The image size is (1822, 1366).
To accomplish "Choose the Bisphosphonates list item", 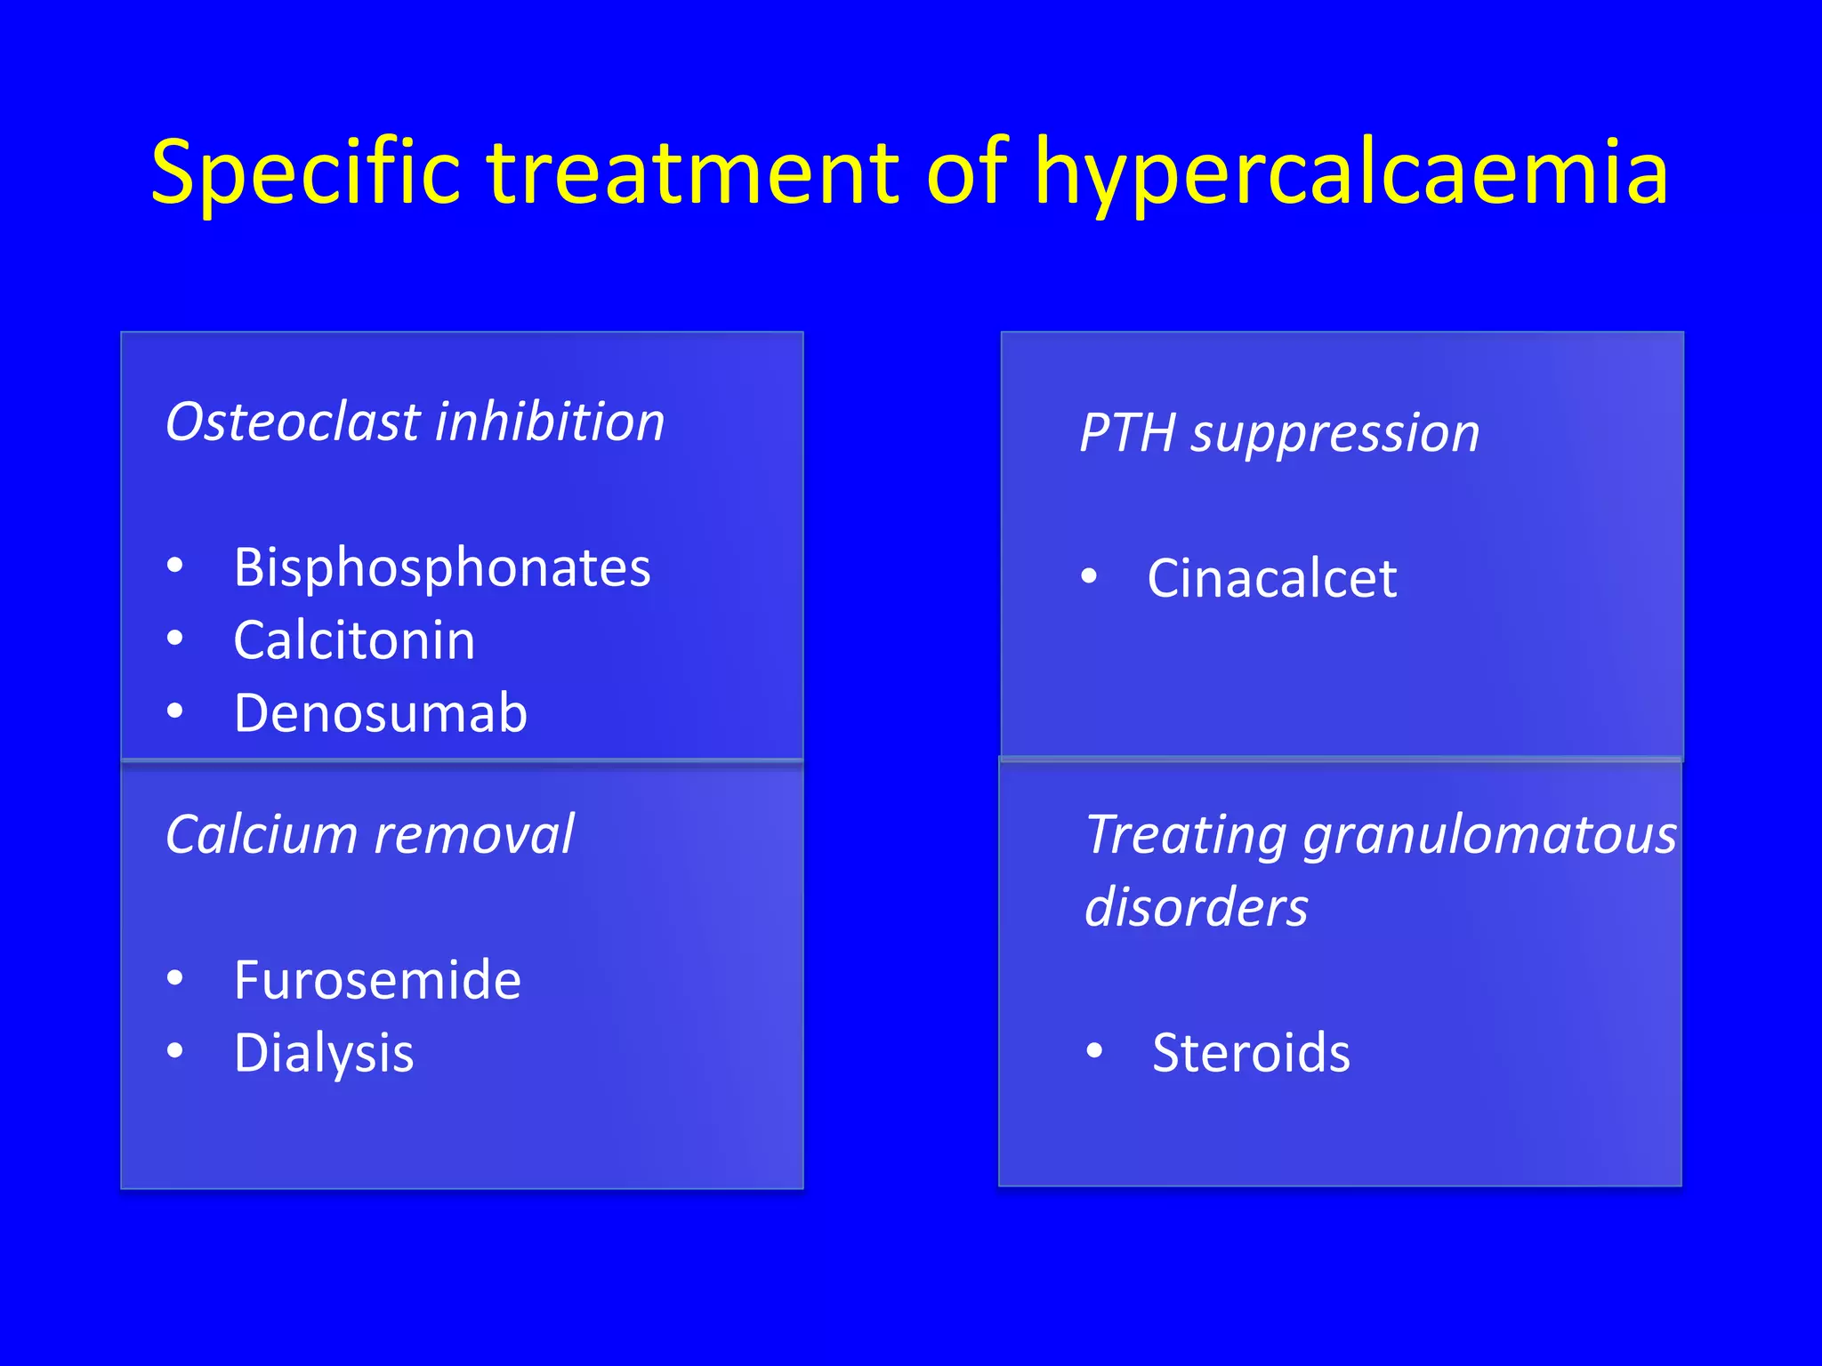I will tap(441, 567).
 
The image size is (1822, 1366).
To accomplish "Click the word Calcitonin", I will tap(354, 640).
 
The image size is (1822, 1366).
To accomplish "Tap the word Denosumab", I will tap(380, 713).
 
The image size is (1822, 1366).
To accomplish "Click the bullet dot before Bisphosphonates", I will tap(175, 565).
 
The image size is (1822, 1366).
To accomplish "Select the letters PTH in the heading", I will tap(1127, 433).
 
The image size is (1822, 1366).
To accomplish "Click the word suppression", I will tap(1335, 433).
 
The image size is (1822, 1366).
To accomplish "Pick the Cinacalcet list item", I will tap(1271, 578).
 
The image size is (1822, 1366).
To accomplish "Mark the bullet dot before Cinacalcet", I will tap(1089, 576).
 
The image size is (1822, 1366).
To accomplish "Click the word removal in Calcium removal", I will tap(473, 835).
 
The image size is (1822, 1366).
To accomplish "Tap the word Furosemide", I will tap(377, 980).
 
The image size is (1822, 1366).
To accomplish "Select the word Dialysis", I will tap(324, 1053).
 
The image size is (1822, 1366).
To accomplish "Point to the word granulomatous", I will tap(1489, 835).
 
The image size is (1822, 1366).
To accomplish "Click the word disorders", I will tap(1196, 908).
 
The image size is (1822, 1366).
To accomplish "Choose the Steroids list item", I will tap(1250, 1053).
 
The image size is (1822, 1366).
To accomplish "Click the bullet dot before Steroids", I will tap(1094, 1051).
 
